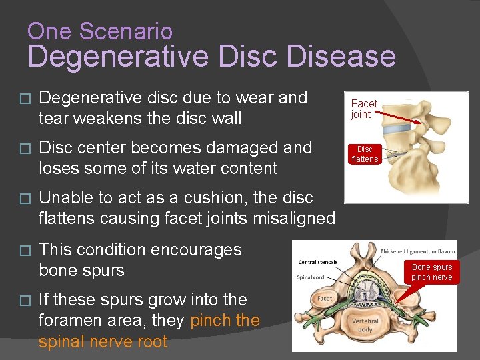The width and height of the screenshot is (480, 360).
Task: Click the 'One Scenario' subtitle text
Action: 100,31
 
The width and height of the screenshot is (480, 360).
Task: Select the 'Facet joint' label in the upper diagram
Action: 364,109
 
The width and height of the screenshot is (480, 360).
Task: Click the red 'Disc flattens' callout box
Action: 365,154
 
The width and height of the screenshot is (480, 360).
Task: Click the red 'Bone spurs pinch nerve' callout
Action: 431,272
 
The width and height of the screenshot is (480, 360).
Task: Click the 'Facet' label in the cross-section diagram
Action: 325,299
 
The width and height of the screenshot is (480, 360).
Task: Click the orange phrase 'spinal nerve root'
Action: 103,341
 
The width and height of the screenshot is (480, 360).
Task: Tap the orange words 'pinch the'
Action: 225,321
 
